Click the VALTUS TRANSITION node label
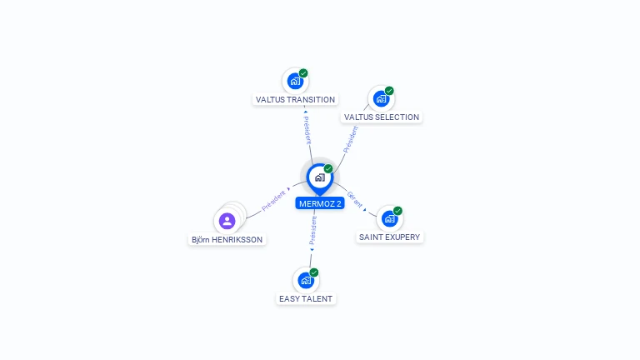point(295,100)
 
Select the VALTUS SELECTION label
point(381,117)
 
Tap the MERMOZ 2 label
point(319,203)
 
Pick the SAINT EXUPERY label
point(389,237)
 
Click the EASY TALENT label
point(306,298)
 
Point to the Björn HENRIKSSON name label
point(227,240)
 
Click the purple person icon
point(227,221)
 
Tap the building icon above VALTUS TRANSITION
point(294,81)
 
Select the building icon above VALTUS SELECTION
point(381,99)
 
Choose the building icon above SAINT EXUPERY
point(389,218)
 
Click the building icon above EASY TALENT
point(306,280)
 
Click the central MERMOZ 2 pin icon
point(319,177)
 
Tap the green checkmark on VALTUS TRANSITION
point(303,73)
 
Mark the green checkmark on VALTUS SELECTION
point(389,91)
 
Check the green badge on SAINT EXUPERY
point(397,211)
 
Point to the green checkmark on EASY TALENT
point(314,272)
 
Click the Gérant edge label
point(354,199)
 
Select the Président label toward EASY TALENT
point(312,230)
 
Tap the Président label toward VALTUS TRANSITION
point(307,129)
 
